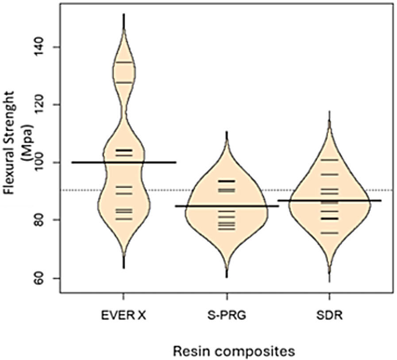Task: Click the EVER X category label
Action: coord(123,316)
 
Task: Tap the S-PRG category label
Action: coord(227,316)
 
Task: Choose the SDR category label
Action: coord(330,316)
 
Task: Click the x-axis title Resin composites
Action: coord(234,351)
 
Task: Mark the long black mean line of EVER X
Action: coord(124,162)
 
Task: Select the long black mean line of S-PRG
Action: coord(227,206)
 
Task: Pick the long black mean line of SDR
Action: coord(330,201)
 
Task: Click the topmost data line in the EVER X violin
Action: coord(124,62)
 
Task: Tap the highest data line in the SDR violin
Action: coord(330,159)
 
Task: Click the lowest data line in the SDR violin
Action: coord(330,233)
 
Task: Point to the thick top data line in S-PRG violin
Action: coord(227,181)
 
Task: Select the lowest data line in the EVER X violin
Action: coord(124,219)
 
